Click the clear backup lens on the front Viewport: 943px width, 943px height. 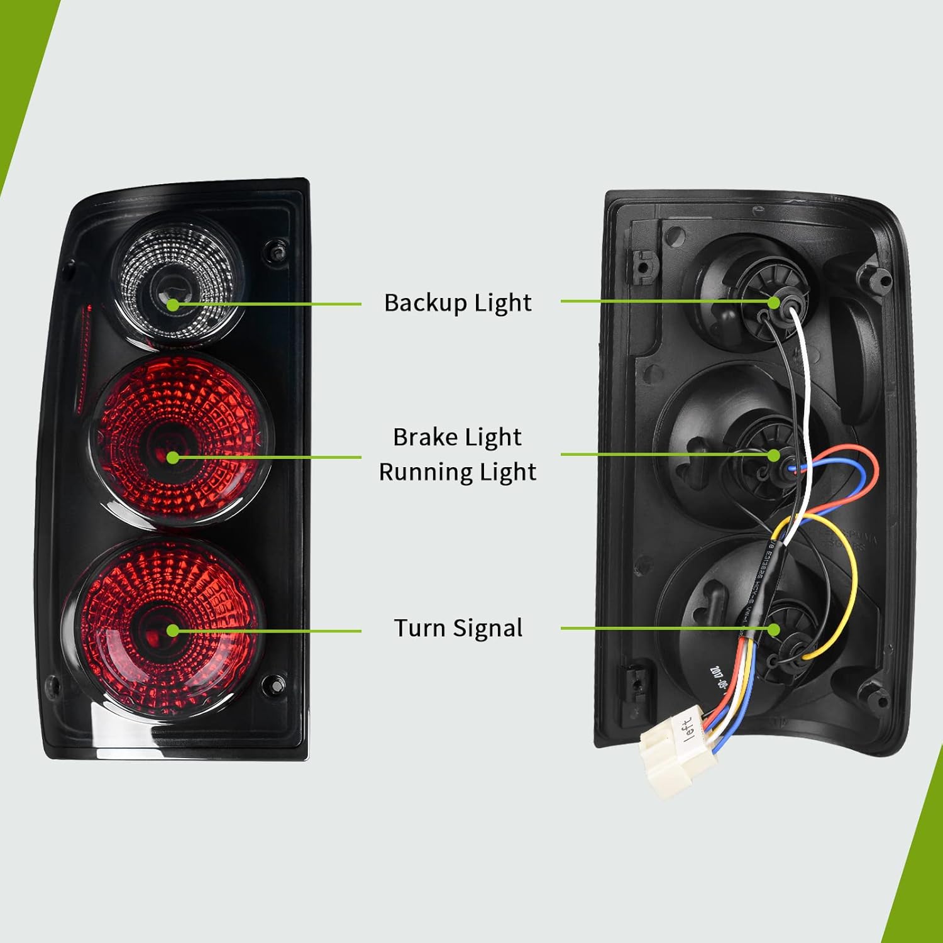click(177, 277)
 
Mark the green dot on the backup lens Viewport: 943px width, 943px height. click(172, 304)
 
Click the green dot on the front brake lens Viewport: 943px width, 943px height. click(172, 458)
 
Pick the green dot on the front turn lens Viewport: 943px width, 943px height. click(172, 631)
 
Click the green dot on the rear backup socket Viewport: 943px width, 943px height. click(774, 302)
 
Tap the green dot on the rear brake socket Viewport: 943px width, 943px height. click(774, 455)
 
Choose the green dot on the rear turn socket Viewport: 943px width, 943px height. click(774, 629)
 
